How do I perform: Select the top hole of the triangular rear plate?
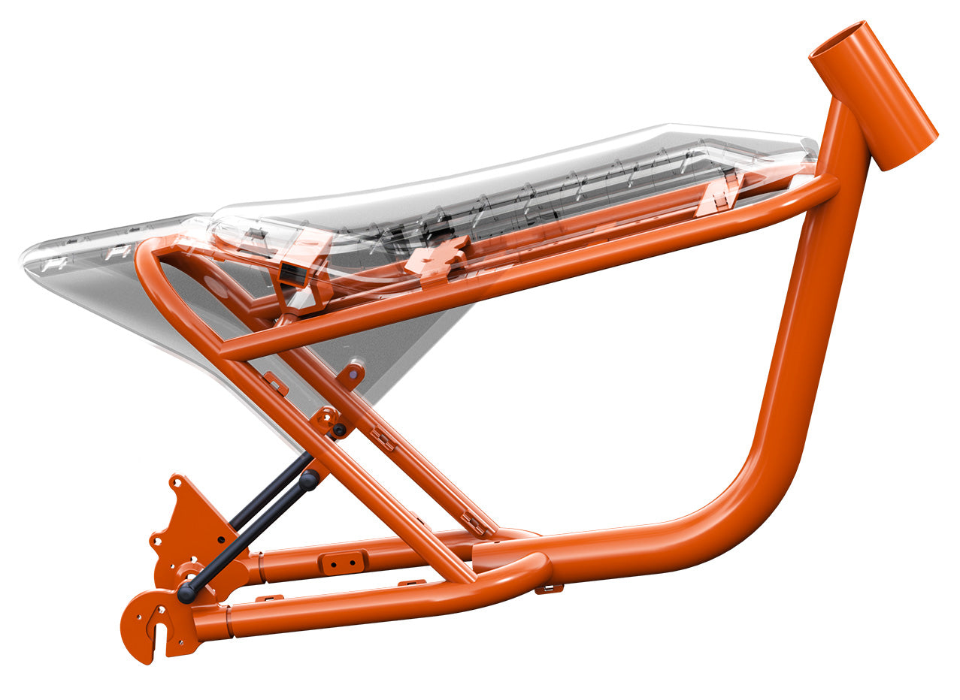pyautogui.click(x=177, y=481)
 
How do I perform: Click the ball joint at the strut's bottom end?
pyautogui.click(x=186, y=595)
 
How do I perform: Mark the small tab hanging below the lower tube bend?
pyautogui.click(x=549, y=589)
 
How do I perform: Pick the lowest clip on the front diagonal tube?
pyautogui.click(x=473, y=521)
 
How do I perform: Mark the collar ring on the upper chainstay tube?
pyautogui.click(x=260, y=568)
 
